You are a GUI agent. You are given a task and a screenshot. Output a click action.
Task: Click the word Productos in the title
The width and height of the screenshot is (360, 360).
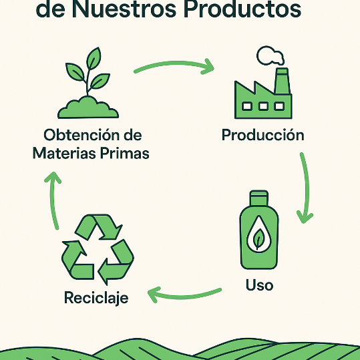click(242, 9)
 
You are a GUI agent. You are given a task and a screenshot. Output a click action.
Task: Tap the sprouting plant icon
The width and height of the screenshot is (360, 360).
click(88, 83)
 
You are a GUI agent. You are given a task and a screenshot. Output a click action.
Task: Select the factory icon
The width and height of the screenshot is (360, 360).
click(263, 82)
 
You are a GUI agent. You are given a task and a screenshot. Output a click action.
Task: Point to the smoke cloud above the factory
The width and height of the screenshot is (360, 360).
click(271, 55)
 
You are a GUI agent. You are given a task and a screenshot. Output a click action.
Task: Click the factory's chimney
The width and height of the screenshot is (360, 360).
click(282, 81)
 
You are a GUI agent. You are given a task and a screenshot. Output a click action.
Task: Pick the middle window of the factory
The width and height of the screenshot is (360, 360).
click(263, 106)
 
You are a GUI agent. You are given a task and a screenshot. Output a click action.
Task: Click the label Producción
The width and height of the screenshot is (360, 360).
click(263, 135)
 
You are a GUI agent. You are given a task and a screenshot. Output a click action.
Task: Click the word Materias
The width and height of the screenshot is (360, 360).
click(64, 153)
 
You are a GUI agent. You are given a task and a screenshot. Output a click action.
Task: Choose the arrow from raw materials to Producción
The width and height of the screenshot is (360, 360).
click(174, 63)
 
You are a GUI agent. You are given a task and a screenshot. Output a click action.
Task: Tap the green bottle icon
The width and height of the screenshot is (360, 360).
click(259, 230)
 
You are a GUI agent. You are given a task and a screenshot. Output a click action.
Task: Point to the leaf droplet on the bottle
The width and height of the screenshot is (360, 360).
click(258, 234)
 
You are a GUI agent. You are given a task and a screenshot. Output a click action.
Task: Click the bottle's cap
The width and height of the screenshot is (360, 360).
click(259, 198)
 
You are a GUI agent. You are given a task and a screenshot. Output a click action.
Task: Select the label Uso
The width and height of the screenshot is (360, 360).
click(259, 285)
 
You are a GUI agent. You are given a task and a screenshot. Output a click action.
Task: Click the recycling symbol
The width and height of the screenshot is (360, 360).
click(98, 249)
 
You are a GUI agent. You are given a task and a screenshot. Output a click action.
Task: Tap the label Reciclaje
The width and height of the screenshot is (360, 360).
click(96, 298)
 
